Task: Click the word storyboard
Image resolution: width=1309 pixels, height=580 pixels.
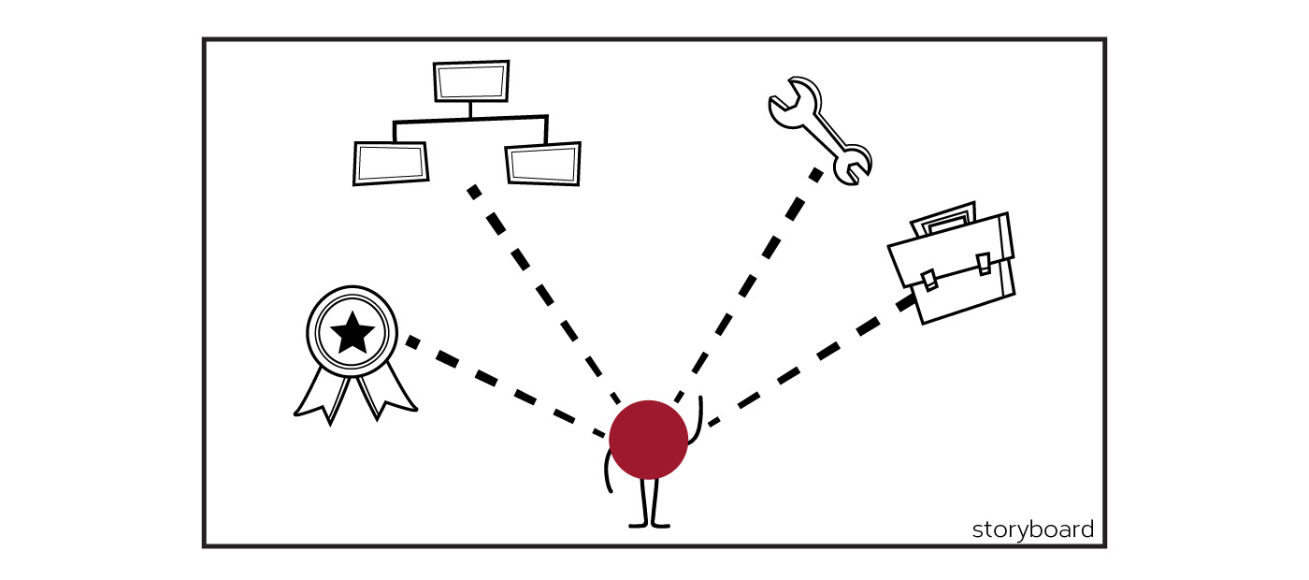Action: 1032,529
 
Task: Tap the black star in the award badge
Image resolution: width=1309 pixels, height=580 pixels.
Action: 352,332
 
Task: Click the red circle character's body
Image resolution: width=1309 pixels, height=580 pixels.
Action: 648,440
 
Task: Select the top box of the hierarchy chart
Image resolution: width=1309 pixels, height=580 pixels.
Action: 471,81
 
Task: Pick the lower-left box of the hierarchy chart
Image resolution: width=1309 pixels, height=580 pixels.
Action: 391,163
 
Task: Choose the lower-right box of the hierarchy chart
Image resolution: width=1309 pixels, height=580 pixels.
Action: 542,164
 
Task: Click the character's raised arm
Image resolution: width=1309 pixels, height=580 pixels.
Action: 698,416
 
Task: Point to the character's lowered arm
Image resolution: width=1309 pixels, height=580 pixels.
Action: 607,472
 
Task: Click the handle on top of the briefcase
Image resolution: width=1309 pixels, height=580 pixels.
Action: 944,220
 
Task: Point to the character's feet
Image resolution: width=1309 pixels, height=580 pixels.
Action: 649,523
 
